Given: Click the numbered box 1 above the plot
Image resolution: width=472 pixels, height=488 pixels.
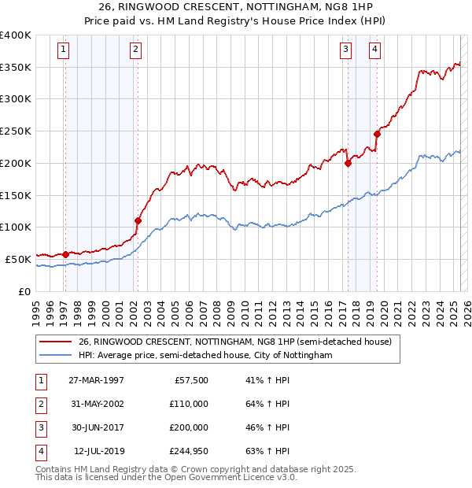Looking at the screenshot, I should [62, 50].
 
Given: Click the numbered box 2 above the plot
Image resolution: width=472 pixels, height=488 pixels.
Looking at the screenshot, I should [135, 50].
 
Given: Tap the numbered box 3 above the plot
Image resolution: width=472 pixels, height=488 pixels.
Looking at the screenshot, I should [345, 50].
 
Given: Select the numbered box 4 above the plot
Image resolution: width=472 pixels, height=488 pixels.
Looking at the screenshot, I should [374, 50].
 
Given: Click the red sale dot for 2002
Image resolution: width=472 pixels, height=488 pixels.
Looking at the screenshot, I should [138, 220].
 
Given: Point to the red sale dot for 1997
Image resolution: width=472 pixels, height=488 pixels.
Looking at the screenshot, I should [65, 253].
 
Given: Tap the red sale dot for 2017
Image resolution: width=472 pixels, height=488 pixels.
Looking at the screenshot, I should [347, 163].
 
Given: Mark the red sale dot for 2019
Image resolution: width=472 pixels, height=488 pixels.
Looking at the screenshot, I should [377, 134].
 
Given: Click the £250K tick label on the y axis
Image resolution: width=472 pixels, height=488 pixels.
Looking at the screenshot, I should [16, 131].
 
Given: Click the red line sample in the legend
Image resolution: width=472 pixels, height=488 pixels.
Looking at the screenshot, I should [56, 342].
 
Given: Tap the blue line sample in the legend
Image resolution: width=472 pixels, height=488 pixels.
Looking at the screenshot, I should [56, 356].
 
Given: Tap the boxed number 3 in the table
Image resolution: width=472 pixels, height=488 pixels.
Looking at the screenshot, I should [39, 427].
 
